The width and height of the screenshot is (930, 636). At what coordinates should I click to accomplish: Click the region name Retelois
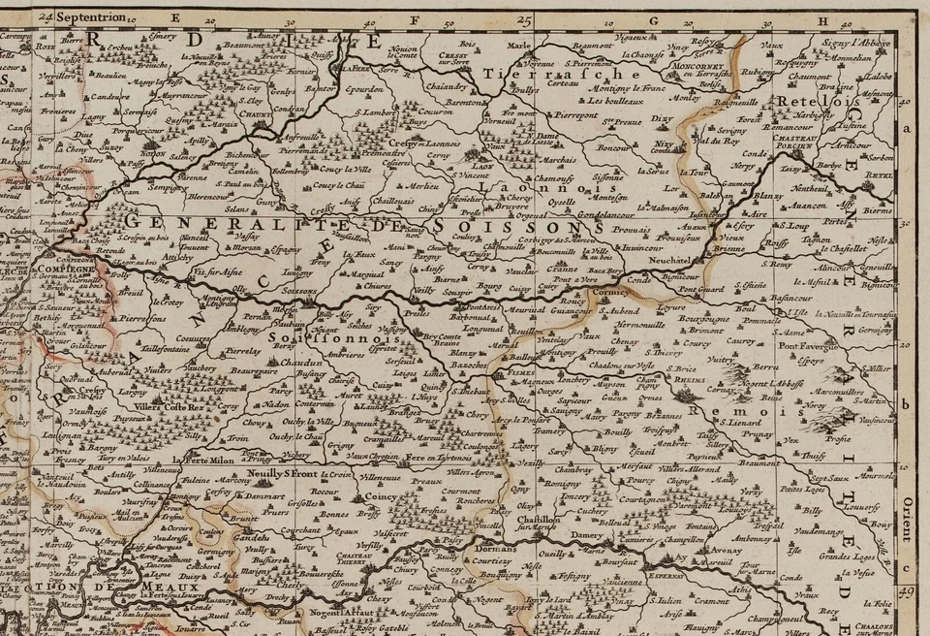coord(802,101)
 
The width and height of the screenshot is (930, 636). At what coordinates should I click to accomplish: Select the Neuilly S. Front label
coord(283,473)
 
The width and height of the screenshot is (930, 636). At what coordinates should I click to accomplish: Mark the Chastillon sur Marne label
coord(538,525)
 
